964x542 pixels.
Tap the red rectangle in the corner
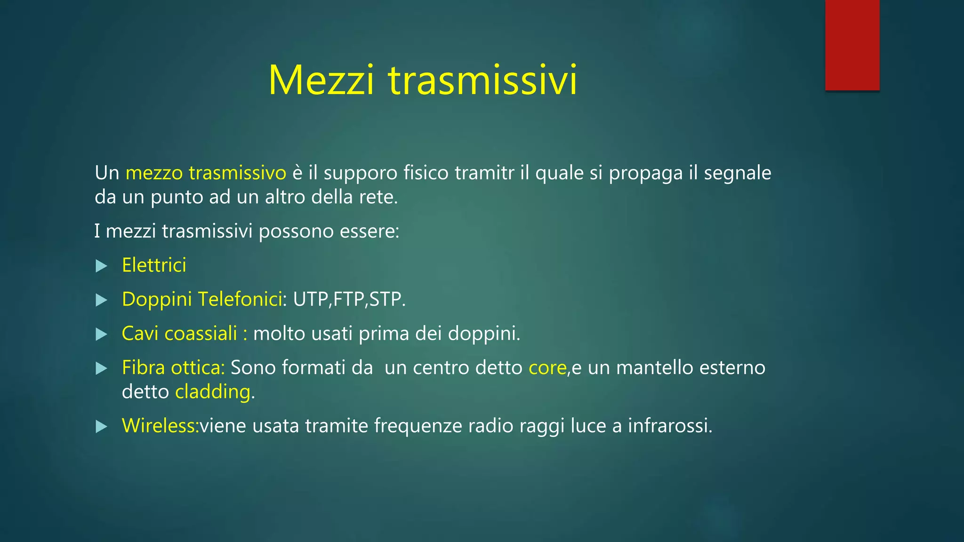point(852,45)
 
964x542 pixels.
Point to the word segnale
point(737,173)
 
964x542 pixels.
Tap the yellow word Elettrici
point(154,265)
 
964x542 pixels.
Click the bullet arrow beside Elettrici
point(101,266)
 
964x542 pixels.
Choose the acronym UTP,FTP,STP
point(349,299)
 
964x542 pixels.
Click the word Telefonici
point(240,299)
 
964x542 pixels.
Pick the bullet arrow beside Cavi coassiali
point(101,335)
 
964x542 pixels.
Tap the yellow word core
point(547,368)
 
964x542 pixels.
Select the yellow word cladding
point(213,392)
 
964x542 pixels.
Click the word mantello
point(655,368)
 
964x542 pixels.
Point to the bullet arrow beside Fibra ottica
point(101,368)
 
